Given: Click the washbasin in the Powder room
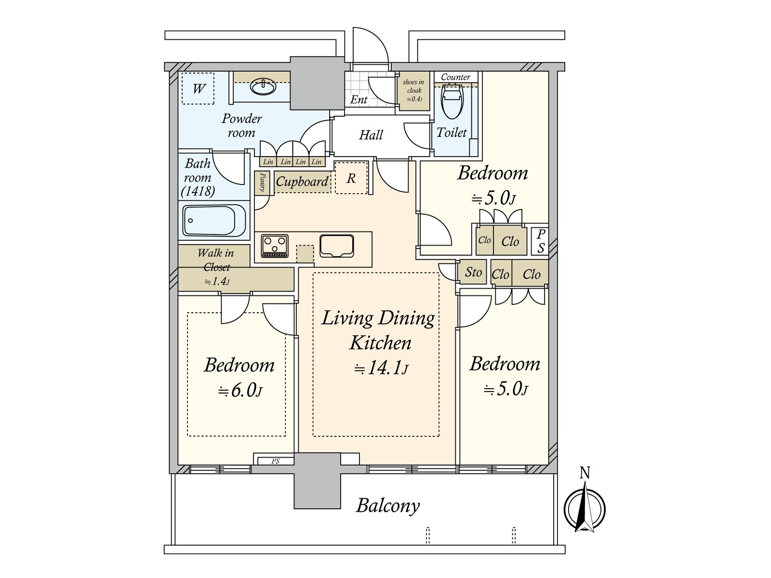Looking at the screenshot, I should (263, 87).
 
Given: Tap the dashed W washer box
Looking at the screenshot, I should (198, 89).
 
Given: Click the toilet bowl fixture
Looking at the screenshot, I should (452, 102).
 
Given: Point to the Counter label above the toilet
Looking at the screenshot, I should (455, 77).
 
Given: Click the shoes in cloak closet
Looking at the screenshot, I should (413, 91).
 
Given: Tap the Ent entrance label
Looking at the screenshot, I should (359, 100).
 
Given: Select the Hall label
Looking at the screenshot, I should (371, 135).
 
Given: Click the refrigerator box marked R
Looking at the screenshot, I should (351, 178).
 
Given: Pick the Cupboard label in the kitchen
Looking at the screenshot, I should (302, 182).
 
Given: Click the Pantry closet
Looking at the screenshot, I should (262, 183).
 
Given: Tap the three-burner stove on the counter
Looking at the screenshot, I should (275, 246).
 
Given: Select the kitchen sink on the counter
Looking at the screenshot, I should (336, 246).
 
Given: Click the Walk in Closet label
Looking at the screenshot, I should (216, 260).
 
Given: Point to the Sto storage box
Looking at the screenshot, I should (473, 272).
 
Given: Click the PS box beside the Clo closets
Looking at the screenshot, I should (541, 241).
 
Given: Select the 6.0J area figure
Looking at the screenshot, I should (240, 391).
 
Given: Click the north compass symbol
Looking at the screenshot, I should (585, 508).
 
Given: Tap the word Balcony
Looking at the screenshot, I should (388, 506).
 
